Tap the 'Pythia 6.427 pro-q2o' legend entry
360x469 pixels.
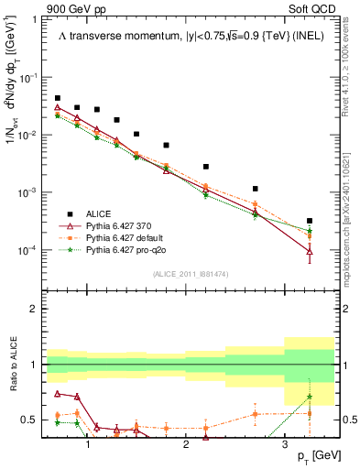click(x=127, y=248)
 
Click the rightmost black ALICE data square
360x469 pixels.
click(x=310, y=221)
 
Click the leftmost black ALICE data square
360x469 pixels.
click(x=58, y=98)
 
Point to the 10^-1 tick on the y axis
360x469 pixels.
click(x=33, y=78)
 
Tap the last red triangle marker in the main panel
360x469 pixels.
click(x=310, y=251)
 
